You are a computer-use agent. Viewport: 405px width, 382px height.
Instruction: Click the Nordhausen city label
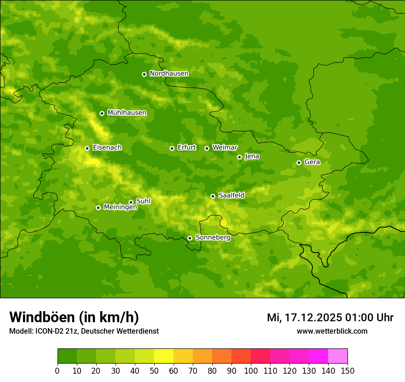click(x=169, y=74)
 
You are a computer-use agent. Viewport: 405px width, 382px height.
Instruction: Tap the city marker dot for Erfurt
click(x=172, y=148)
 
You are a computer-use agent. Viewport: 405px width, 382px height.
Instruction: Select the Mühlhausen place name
click(x=127, y=113)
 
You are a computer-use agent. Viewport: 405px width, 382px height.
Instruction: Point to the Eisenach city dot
click(x=87, y=148)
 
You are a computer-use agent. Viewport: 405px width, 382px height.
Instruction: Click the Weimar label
click(x=225, y=148)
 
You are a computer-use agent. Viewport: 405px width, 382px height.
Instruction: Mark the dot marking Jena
click(x=239, y=157)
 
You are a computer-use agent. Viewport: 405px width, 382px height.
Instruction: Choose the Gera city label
click(x=312, y=162)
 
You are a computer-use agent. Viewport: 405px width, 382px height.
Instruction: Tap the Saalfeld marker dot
click(x=213, y=196)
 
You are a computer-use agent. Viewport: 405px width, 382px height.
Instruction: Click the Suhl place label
click(x=144, y=201)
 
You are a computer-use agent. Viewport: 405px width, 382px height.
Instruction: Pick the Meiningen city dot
click(x=98, y=208)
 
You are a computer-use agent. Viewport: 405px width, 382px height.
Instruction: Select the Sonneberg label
click(x=213, y=237)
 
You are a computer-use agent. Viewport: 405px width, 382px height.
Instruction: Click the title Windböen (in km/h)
click(x=74, y=317)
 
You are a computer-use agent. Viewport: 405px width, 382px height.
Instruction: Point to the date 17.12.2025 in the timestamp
click(x=313, y=318)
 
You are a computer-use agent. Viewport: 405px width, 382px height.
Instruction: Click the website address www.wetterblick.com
click(x=332, y=331)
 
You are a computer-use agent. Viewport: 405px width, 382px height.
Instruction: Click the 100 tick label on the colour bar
click(x=251, y=371)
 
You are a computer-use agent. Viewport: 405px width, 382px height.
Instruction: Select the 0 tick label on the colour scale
click(x=58, y=371)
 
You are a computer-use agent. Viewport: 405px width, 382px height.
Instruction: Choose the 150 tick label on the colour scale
click(x=347, y=371)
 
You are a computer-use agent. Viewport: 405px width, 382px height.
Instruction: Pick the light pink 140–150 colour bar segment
click(x=338, y=356)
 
